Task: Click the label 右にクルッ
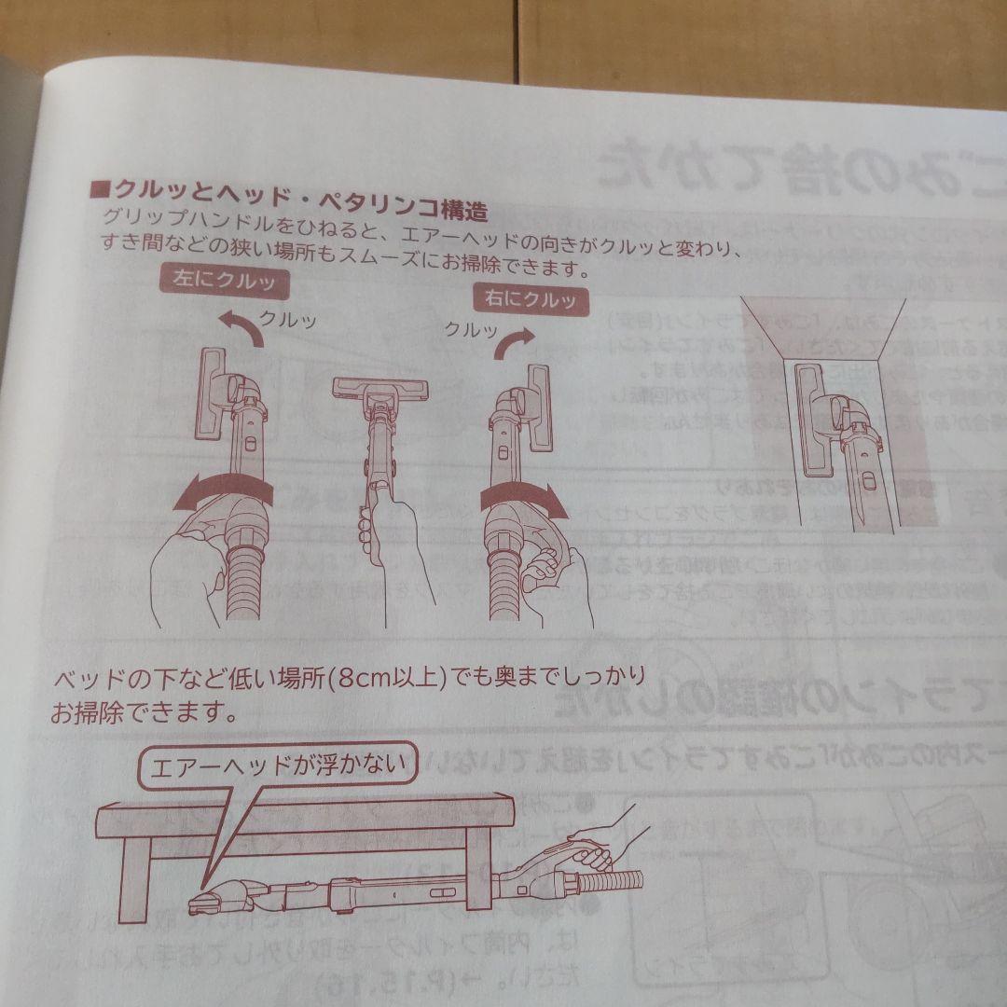pos(531,300)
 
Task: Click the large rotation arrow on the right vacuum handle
pos(526,497)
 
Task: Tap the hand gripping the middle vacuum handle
pos(392,541)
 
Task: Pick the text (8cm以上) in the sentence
pos(369,676)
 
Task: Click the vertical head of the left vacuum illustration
pos(213,392)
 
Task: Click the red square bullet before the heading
pos(98,190)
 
